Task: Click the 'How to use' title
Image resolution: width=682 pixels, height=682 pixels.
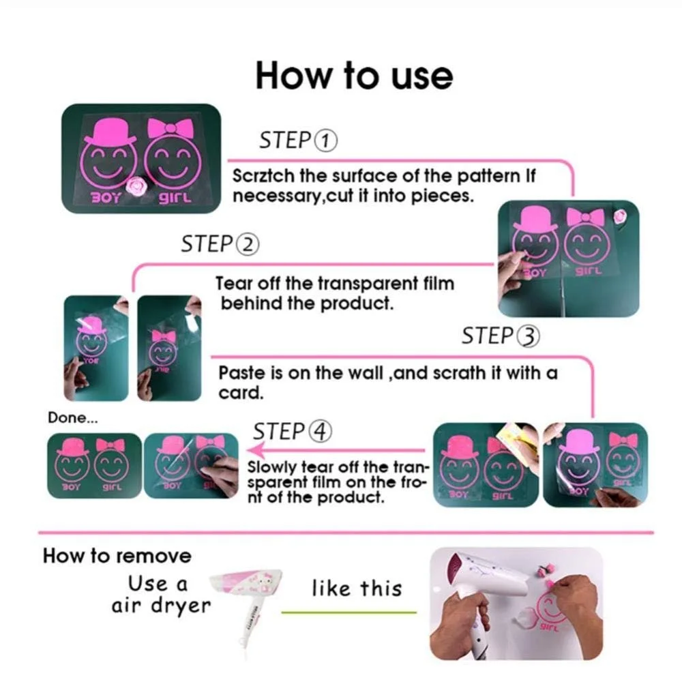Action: (x=354, y=75)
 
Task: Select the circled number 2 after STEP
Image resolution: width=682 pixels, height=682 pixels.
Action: (x=247, y=244)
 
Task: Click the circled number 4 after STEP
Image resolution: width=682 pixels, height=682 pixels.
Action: (x=320, y=432)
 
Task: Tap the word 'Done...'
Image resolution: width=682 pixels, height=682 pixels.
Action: (x=73, y=417)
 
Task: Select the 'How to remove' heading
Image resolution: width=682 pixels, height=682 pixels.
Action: (x=117, y=556)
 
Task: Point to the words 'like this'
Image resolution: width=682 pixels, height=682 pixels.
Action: (x=357, y=589)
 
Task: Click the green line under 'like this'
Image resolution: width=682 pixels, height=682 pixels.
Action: (x=349, y=612)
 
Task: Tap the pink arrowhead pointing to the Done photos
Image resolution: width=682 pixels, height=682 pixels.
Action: (x=255, y=449)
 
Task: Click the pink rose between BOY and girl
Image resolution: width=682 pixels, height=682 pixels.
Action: (x=138, y=187)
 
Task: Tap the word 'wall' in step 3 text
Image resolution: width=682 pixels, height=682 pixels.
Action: (x=364, y=373)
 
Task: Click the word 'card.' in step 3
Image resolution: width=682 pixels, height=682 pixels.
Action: (x=241, y=393)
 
